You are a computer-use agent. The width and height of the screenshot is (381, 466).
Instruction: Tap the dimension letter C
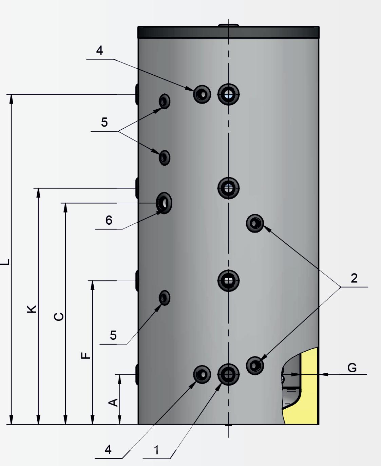(59, 316)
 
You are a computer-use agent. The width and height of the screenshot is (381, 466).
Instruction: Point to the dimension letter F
(86, 355)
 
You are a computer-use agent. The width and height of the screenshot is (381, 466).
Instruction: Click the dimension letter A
(113, 402)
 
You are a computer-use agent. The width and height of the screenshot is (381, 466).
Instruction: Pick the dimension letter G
(352, 368)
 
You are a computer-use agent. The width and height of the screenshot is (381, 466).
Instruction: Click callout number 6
(109, 220)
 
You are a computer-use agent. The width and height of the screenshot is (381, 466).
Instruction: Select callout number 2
(354, 278)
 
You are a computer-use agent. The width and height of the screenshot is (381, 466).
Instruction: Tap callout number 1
(156, 450)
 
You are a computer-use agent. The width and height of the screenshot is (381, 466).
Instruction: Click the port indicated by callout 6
(164, 203)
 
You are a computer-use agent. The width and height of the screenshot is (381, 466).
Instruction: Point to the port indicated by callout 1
(229, 374)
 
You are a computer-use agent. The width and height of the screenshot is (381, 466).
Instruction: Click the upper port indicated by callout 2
(255, 223)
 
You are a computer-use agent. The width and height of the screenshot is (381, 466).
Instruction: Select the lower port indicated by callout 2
(255, 366)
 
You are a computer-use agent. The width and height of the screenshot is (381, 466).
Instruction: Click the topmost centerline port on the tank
(229, 94)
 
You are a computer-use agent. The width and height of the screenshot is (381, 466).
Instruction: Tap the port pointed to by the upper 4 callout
(202, 94)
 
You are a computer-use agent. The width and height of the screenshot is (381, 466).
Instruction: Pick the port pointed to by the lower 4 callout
(202, 375)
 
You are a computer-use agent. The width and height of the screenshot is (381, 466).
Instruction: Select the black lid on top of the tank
(228, 32)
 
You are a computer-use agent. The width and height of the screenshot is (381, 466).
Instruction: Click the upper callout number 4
(99, 51)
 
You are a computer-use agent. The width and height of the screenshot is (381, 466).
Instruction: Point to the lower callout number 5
(113, 335)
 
